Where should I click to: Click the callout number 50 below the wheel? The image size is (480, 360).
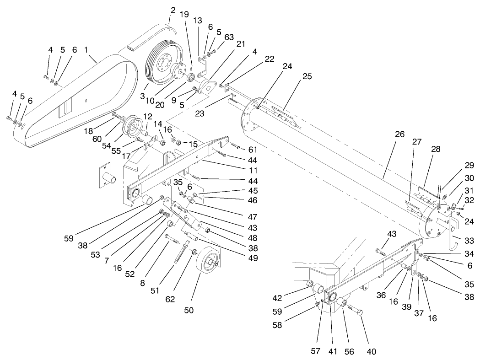point(189,310)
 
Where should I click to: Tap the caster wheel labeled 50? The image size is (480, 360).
point(210,264)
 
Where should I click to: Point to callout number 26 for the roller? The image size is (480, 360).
point(399,134)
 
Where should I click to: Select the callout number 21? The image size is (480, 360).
point(241,43)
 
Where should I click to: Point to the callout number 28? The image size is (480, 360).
point(435,150)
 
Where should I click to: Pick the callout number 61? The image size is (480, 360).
point(253,149)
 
